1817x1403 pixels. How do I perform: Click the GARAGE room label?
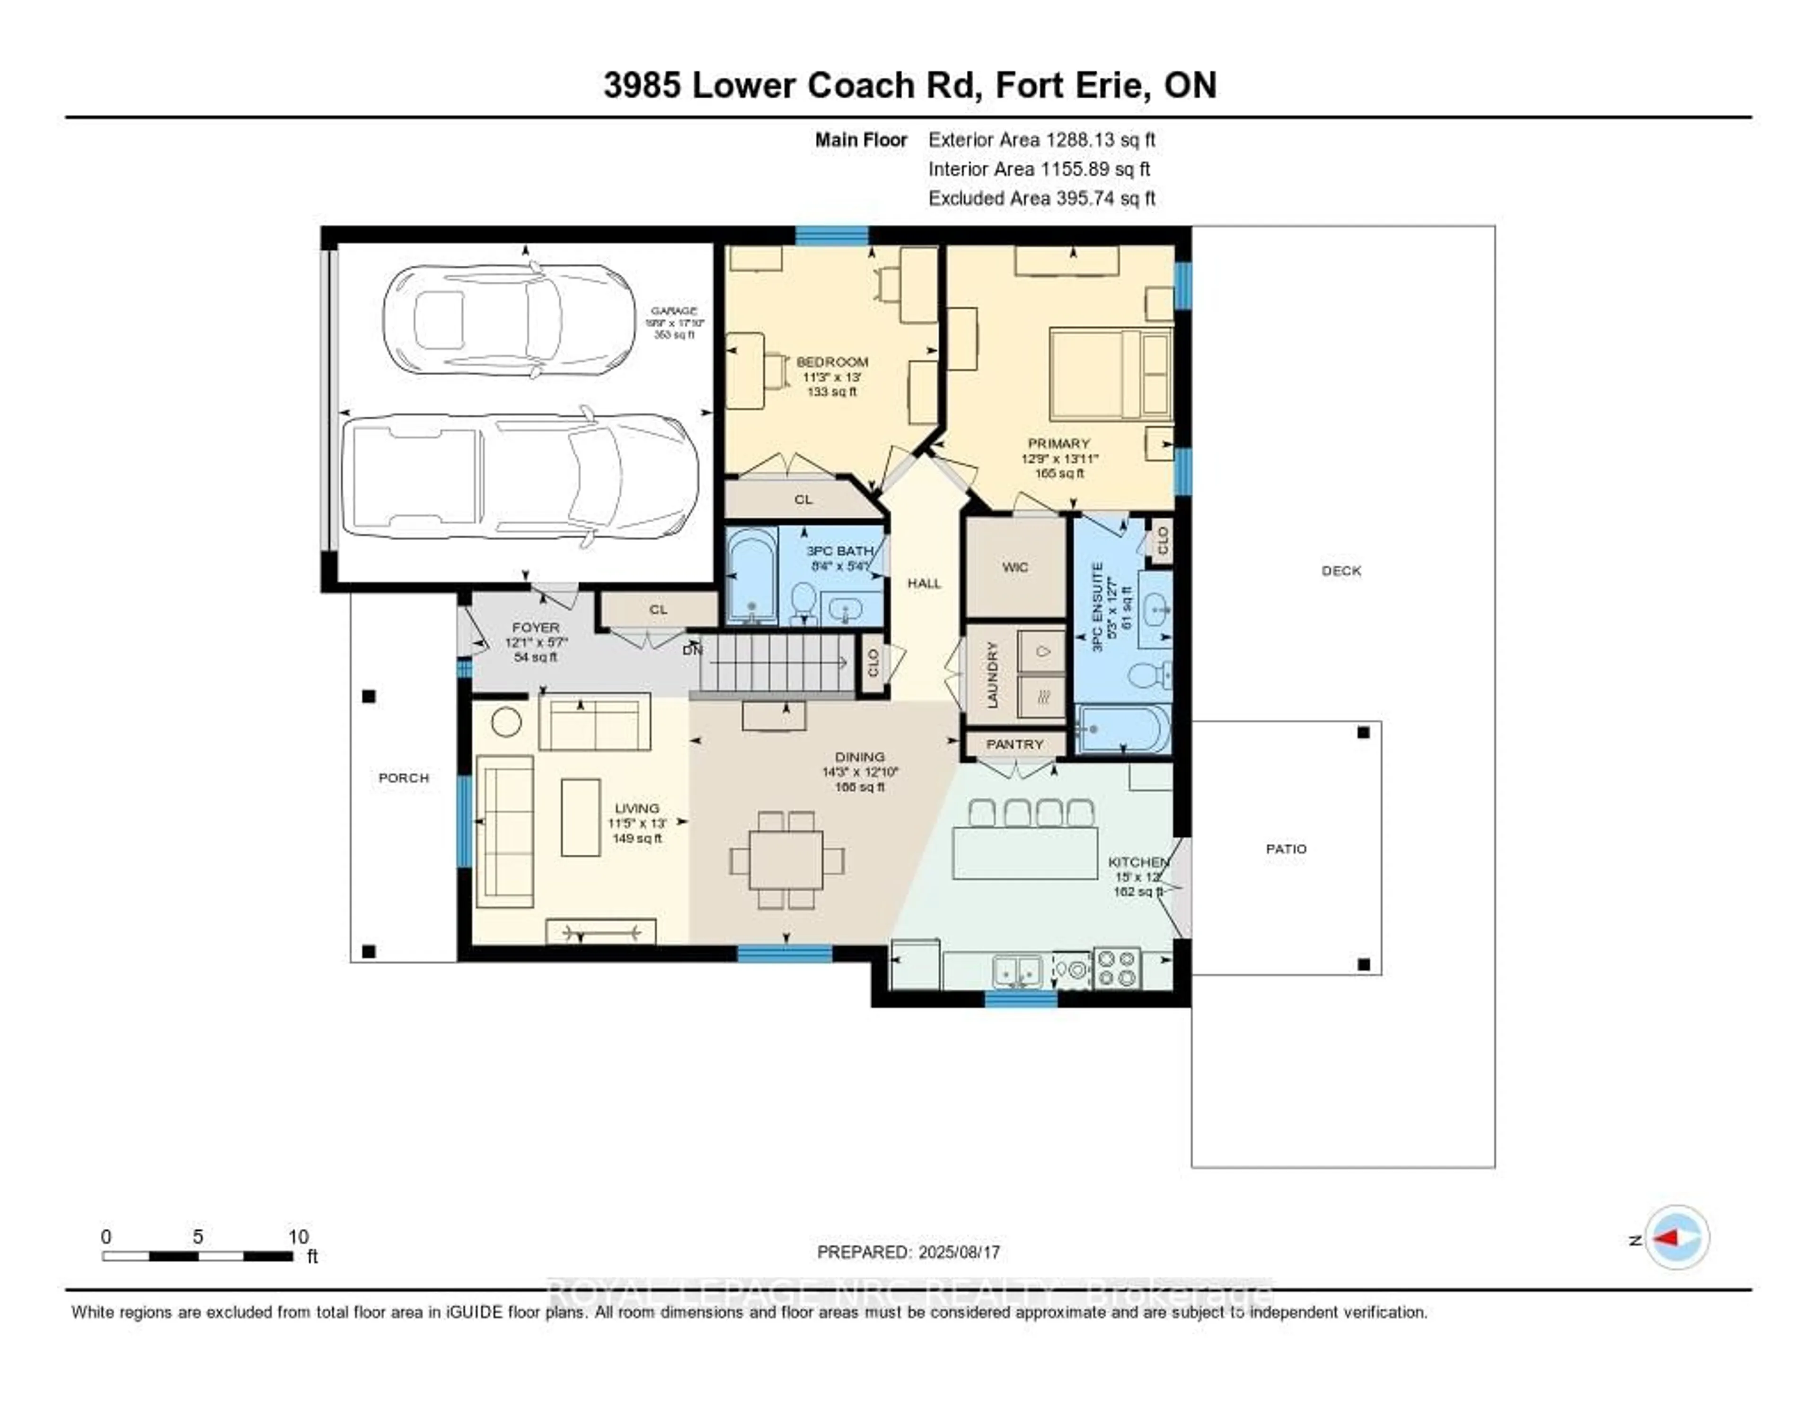coord(674,310)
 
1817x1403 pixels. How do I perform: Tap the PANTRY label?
coord(1014,745)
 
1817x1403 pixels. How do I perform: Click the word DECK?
coord(1341,570)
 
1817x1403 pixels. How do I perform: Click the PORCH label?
coord(404,778)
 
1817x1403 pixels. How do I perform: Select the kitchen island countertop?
coord(1024,852)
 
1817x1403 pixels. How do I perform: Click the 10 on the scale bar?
coord(298,1236)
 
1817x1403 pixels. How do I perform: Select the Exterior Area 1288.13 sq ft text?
coord(1041,140)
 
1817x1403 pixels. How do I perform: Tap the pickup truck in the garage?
coord(520,476)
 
